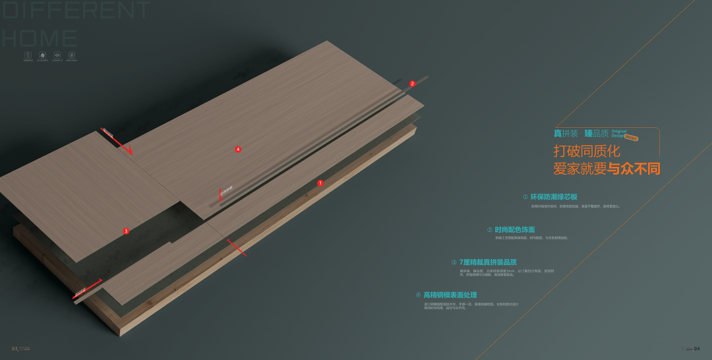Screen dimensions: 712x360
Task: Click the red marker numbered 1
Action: (x=320, y=183)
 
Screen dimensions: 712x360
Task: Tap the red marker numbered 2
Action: (x=412, y=84)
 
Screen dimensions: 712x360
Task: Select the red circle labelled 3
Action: (x=126, y=231)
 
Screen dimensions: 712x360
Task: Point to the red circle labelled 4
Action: (x=238, y=150)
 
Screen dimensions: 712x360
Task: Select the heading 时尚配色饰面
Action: (x=514, y=229)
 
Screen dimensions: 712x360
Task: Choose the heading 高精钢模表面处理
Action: (x=450, y=295)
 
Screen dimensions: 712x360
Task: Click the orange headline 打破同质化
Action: (x=587, y=151)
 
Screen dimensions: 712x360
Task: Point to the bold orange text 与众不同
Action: (x=634, y=169)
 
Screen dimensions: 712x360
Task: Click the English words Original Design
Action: (x=619, y=133)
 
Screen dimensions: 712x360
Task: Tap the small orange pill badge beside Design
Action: (x=632, y=138)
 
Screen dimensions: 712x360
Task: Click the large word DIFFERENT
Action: (x=76, y=11)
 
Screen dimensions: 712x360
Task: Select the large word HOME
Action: (x=40, y=38)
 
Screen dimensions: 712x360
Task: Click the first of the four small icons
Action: (x=28, y=55)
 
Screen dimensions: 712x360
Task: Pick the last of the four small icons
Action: (x=71, y=55)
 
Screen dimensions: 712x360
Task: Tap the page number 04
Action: (x=697, y=348)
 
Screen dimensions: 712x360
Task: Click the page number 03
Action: (x=14, y=348)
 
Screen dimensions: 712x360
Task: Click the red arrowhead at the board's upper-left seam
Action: (x=129, y=151)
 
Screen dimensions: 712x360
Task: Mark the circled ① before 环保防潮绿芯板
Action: (x=525, y=197)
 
